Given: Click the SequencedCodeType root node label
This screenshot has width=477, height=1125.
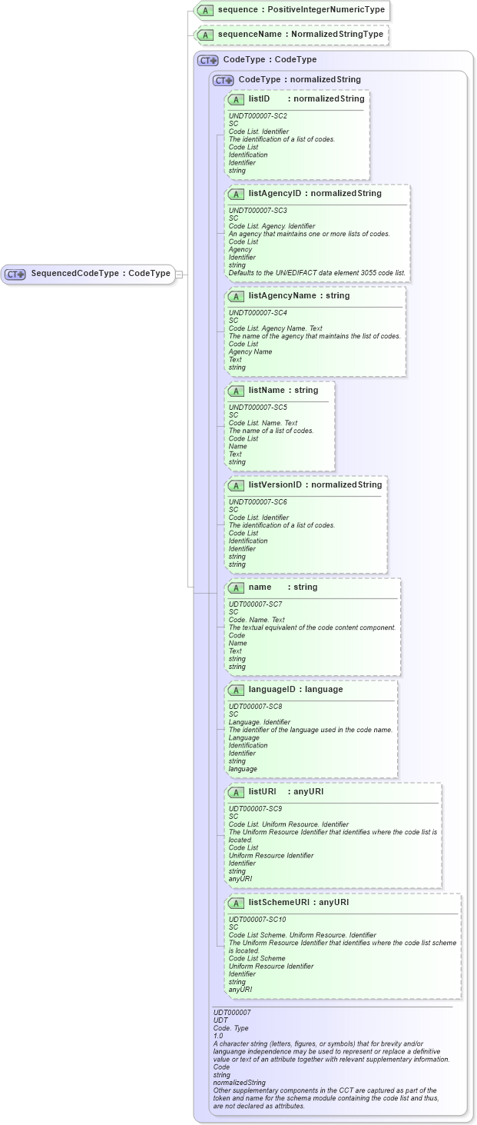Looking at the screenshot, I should point(100,274).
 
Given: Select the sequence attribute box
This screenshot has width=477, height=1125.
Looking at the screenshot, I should point(292,10).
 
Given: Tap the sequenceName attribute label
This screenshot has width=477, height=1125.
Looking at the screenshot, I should point(300,35).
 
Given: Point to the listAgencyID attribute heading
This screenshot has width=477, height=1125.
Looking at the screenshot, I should point(314,193).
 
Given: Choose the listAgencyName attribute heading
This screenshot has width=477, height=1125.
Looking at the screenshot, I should point(299,295).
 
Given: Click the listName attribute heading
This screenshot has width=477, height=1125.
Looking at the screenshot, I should point(283,391).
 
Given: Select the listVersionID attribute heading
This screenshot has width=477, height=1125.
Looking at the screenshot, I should point(314,484).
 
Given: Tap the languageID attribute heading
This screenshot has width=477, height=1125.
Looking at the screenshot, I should point(295,689).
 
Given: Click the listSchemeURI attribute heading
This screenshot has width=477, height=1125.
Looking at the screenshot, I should point(298,902).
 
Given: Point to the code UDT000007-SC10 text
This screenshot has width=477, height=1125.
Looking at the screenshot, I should point(257,919).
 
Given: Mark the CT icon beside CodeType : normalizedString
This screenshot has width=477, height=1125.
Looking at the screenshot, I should point(223,80).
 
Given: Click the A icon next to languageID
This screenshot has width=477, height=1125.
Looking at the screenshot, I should point(237,690).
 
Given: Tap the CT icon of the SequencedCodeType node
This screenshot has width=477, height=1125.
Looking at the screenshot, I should point(15,274).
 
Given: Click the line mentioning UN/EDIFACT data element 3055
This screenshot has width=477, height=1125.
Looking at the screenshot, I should point(316,273).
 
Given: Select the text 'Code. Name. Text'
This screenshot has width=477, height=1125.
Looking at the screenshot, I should point(257,620).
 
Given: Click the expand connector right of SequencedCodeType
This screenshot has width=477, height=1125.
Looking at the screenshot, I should point(178,274).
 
